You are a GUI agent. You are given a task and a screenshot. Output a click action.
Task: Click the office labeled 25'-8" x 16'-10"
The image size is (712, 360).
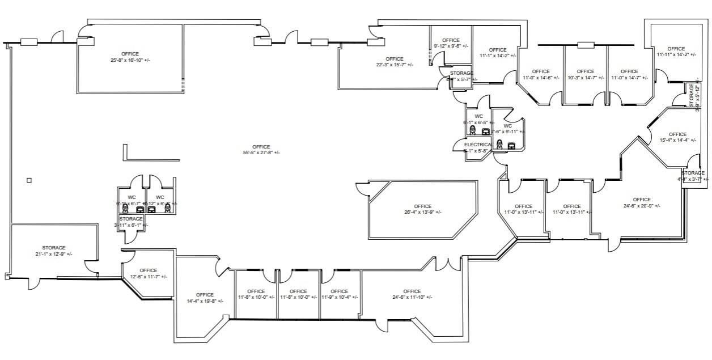click(130, 57)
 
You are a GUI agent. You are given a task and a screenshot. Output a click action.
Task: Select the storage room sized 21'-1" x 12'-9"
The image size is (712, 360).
click(53, 251)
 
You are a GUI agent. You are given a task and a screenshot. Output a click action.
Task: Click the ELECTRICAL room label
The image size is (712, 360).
click(478, 145)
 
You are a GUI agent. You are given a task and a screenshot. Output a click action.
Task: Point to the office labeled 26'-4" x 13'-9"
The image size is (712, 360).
click(422, 209)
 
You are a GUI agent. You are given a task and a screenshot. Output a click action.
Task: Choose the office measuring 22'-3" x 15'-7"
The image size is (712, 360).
click(394, 62)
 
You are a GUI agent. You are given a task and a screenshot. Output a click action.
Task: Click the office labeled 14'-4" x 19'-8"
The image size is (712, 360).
click(205, 298)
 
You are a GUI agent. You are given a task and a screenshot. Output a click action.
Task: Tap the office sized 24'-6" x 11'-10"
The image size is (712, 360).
click(412, 294)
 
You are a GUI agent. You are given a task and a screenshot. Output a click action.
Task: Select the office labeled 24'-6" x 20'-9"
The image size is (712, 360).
click(642, 202)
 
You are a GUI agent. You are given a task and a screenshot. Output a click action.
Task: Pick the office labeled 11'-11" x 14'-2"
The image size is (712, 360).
click(676, 52)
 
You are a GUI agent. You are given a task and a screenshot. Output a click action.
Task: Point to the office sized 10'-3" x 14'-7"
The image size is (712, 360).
click(586, 75)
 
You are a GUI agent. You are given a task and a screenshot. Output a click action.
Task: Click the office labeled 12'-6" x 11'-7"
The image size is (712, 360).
click(148, 273)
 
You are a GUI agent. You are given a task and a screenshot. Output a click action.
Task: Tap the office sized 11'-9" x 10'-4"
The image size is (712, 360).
click(340, 294)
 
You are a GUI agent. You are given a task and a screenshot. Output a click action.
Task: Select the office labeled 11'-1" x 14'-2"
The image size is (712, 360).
click(497, 53)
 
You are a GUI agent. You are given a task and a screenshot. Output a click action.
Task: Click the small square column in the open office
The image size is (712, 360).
click(29, 180)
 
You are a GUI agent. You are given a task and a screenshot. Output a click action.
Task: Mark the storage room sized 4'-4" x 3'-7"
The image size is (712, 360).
click(693, 176)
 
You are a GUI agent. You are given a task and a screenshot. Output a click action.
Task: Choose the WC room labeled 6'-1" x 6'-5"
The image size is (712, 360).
click(478, 119)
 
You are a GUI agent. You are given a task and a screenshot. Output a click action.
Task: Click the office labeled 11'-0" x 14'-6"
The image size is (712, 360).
click(541, 75)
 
